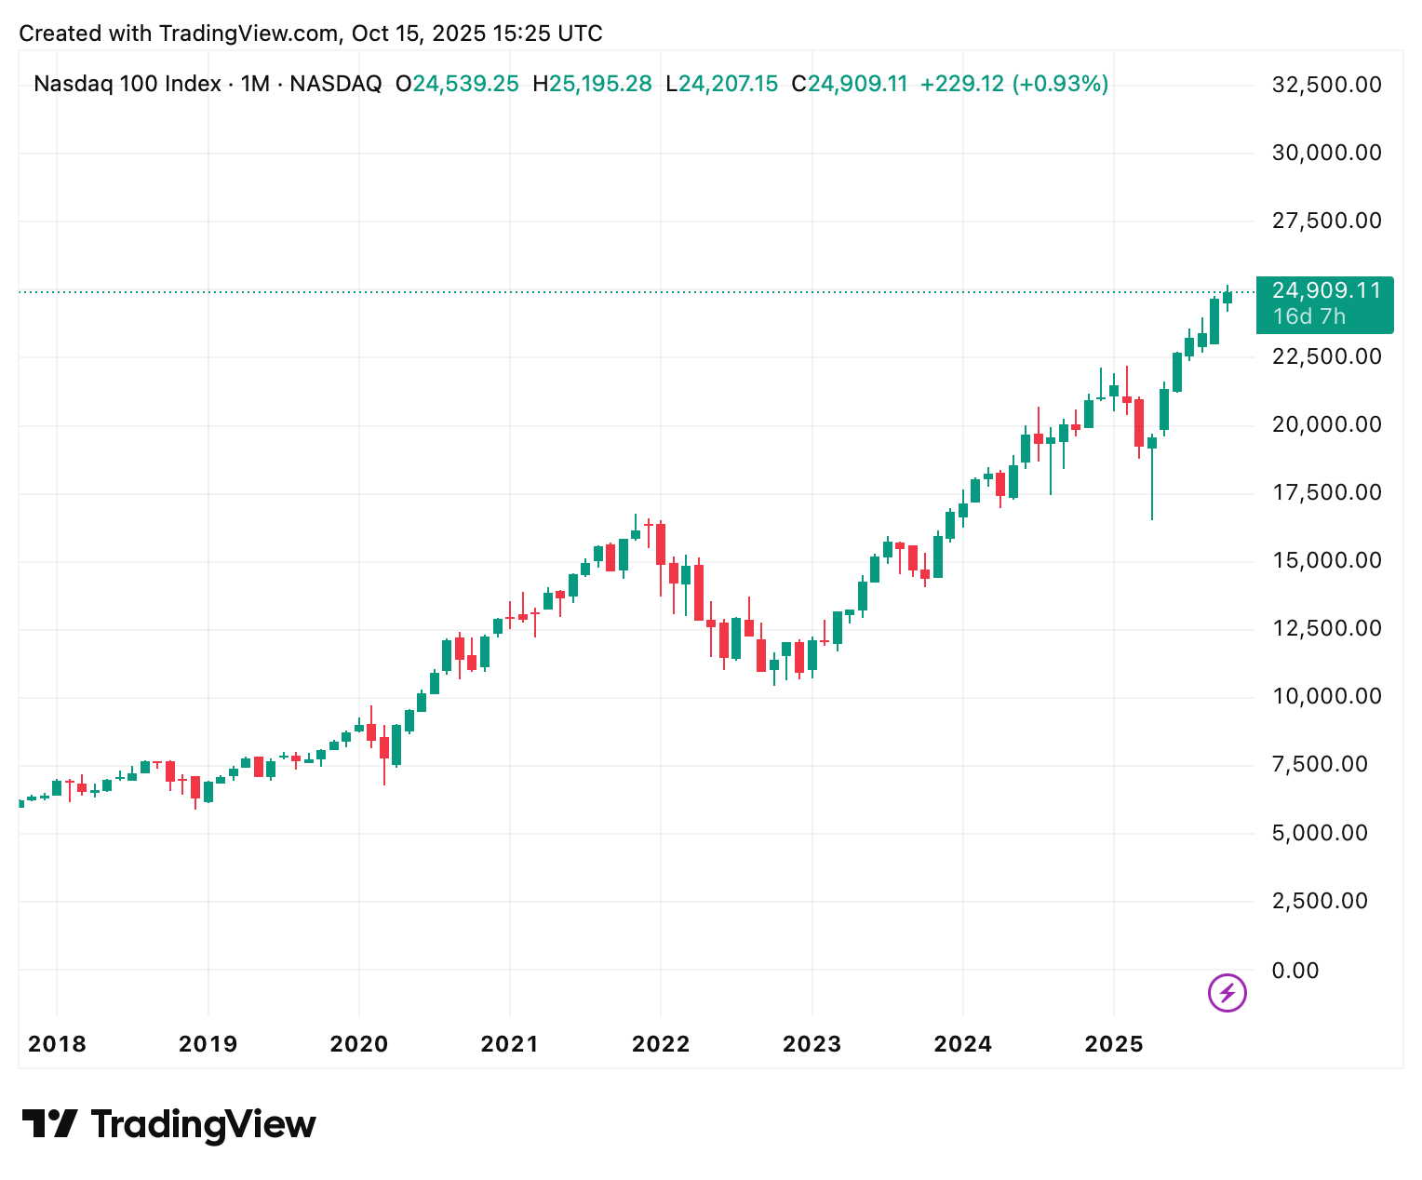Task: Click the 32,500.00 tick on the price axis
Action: pos(1326,85)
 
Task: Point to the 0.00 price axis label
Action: pos(1295,971)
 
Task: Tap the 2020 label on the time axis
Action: pos(359,1044)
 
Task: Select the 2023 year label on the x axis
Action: pos(812,1044)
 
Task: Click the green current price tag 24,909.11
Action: pos(1325,291)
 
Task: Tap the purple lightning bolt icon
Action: pos(1227,993)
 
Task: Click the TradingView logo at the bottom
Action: pos(169,1124)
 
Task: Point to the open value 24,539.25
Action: pos(465,85)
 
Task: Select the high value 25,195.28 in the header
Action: pos(600,85)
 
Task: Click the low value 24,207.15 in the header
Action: pos(728,85)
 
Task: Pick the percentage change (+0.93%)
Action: pos(1060,85)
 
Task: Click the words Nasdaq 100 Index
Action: pos(127,85)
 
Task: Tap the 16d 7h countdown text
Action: pos(1308,316)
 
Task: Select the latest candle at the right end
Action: pos(1227,298)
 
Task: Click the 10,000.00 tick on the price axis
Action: pos(1326,696)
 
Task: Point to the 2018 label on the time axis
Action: pos(57,1044)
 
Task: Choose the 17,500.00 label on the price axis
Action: pos(1326,492)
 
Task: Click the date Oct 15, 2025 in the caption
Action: pos(417,34)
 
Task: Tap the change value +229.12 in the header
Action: pos(962,85)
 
